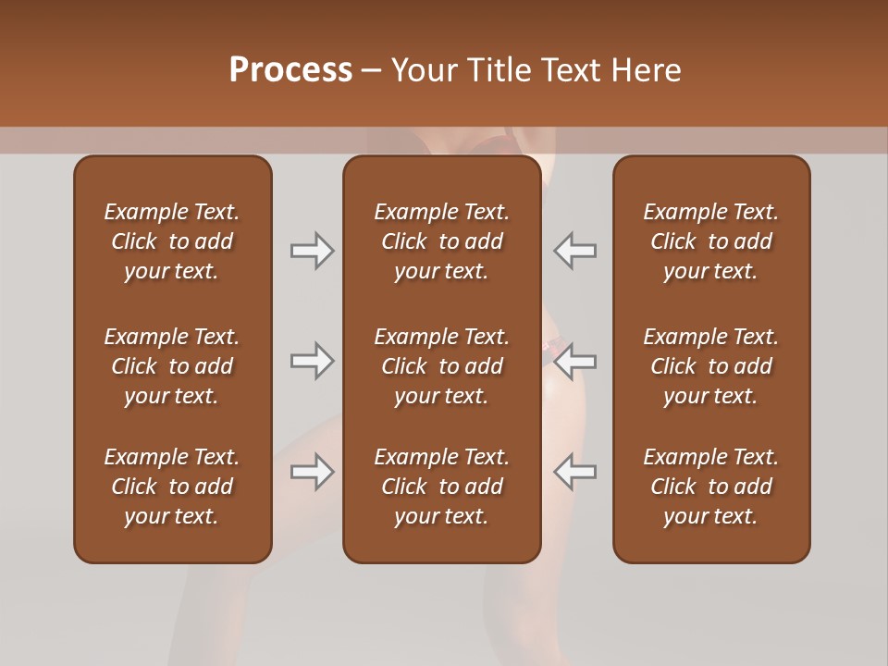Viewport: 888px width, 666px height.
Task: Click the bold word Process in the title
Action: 290,70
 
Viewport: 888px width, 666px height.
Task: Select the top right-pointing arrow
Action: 312,250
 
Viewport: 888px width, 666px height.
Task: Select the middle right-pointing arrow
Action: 312,360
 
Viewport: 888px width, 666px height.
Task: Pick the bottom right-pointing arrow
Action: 312,472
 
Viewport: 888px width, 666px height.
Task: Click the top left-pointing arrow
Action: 574,250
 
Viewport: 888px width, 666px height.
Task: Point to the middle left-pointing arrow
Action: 574,360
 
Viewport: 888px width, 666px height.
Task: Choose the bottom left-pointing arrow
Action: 574,472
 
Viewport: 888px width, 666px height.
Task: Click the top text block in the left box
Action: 172,241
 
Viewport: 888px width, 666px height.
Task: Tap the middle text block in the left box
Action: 172,366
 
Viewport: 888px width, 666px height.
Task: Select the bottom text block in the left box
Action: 172,487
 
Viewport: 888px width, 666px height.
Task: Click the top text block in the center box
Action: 441,241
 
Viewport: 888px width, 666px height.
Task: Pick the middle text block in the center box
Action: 441,366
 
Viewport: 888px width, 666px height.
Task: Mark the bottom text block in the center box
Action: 441,487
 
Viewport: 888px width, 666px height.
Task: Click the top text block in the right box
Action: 710,241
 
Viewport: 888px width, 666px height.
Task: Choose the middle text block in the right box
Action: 710,366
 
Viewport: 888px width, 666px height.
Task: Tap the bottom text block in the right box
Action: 710,487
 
